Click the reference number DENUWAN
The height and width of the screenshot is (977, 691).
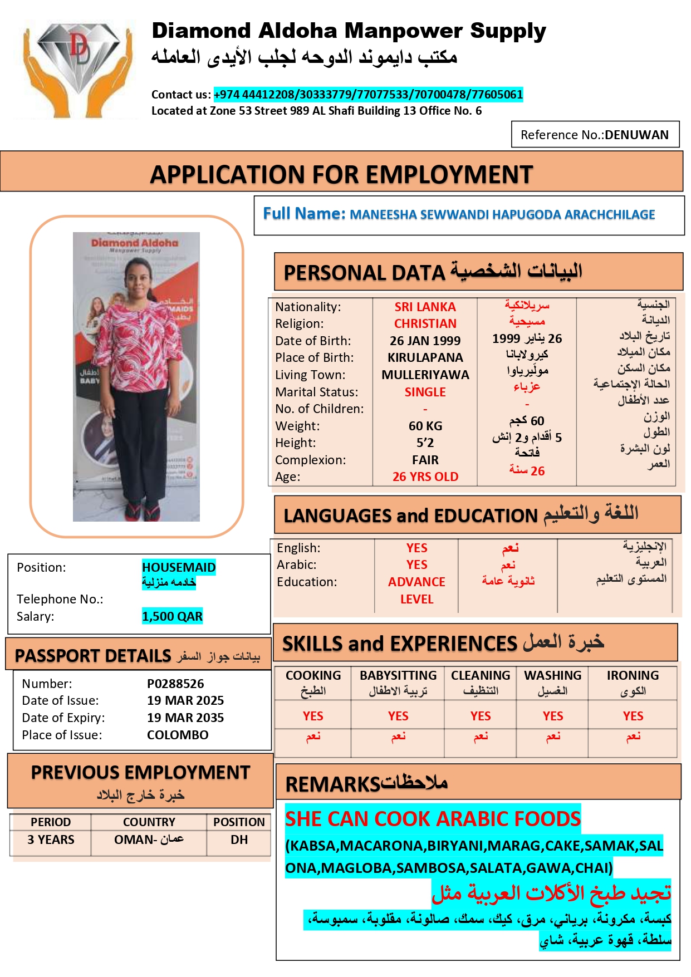click(x=636, y=135)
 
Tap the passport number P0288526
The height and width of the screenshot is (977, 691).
click(x=175, y=684)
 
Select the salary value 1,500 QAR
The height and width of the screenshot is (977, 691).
click(x=172, y=616)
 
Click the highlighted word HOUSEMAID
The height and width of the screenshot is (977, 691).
click(x=179, y=567)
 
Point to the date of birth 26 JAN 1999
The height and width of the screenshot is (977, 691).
click(x=425, y=341)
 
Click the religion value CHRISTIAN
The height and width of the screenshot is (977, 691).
click(x=425, y=323)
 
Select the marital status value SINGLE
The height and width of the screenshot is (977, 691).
click(x=425, y=392)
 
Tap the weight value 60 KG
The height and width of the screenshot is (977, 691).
click(x=425, y=426)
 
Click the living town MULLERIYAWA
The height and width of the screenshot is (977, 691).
click(x=425, y=375)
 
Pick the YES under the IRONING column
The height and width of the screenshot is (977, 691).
click(x=633, y=716)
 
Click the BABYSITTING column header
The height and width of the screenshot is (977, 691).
click(x=398, y=675)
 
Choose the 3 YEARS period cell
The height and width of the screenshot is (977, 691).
click(x=51, y=839)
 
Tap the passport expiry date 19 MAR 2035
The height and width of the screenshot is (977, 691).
click(x=185, y=718)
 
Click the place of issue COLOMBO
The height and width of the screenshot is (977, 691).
click(x=178, y=735)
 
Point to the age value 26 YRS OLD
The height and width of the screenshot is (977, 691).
click(x=425, y=477)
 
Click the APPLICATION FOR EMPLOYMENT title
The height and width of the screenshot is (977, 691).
click(x=341, y=174)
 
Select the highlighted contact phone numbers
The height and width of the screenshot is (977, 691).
click(x=368, y=95)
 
